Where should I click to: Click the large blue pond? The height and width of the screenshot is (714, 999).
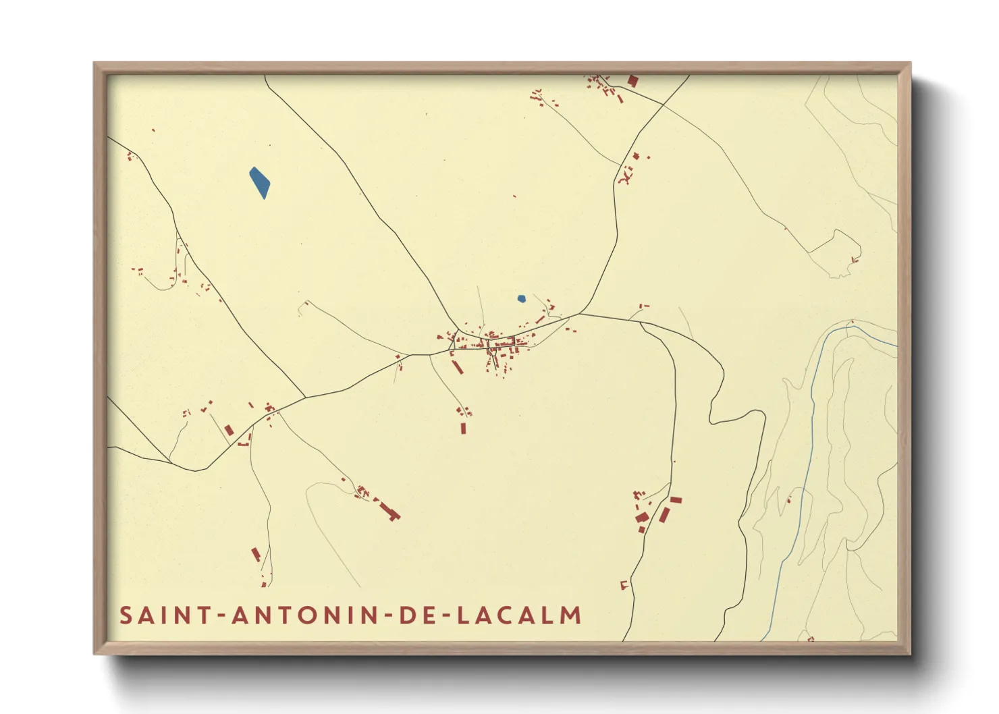(x=259, y=183)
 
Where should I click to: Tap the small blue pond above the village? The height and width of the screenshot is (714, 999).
(x=521, y=298)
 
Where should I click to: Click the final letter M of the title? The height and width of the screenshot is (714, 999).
(x=572, y=615)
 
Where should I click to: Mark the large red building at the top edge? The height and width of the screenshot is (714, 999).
(x=632, y=81)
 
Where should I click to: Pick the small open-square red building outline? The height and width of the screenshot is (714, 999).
(x=624, y=584)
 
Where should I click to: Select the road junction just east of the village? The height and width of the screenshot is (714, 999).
(x=578, y=314)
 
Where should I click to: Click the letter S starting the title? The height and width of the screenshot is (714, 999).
(x=126, y=615)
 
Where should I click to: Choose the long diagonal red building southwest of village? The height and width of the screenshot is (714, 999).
(x=457, y=366)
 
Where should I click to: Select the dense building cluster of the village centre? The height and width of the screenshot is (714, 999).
(x=500, y=344)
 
